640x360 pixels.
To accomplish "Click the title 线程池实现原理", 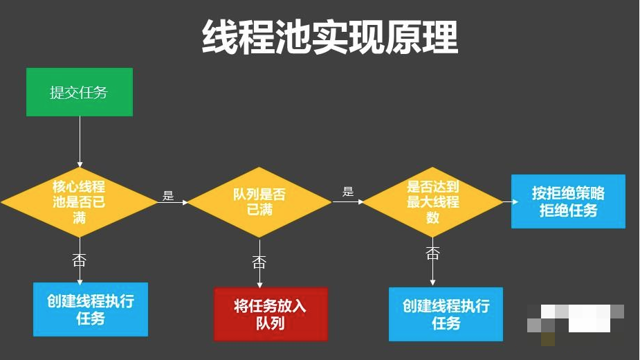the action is (330, 37).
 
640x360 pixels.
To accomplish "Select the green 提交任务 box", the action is (79, 92).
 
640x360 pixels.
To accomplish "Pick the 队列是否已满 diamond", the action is (259, 202).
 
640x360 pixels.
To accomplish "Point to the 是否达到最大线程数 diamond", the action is (432, 201).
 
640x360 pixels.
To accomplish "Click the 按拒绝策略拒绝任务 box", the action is (568, 201).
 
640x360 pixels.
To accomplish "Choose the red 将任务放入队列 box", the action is (270, 314).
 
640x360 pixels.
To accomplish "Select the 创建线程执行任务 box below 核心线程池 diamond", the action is (91, 309).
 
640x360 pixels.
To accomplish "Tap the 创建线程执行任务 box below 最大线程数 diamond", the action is (446, 314).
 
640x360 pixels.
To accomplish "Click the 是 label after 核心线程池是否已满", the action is (168, 196).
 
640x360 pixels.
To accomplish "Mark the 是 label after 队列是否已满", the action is (348, 192).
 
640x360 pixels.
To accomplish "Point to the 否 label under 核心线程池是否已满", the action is (80, 260).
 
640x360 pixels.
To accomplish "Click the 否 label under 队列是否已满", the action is (259, 262).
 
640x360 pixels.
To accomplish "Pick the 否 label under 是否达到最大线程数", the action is (433, 253).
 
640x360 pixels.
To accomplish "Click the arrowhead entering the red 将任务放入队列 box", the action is (259, 284).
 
